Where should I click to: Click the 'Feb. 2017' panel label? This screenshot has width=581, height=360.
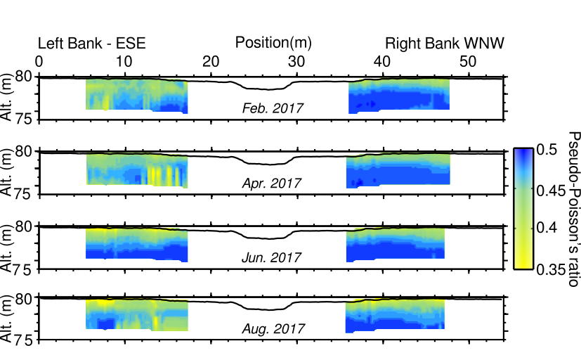click(272, 108)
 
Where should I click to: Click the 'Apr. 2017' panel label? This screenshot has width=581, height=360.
click(272, 183)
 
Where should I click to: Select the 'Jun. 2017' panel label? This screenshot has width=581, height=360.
click(272, 257)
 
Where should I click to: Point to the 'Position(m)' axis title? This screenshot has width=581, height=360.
click(273, 43)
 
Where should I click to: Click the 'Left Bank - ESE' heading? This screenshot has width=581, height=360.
click(92, 44)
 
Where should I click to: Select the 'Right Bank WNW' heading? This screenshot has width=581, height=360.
click(445, 44)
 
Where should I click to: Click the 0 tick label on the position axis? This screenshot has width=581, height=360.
click(39, 62)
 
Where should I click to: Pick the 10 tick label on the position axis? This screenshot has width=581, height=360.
click(124, 62)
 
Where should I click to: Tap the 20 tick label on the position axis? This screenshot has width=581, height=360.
click(211, 62)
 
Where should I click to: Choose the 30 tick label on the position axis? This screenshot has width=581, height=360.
click(297, 62)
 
